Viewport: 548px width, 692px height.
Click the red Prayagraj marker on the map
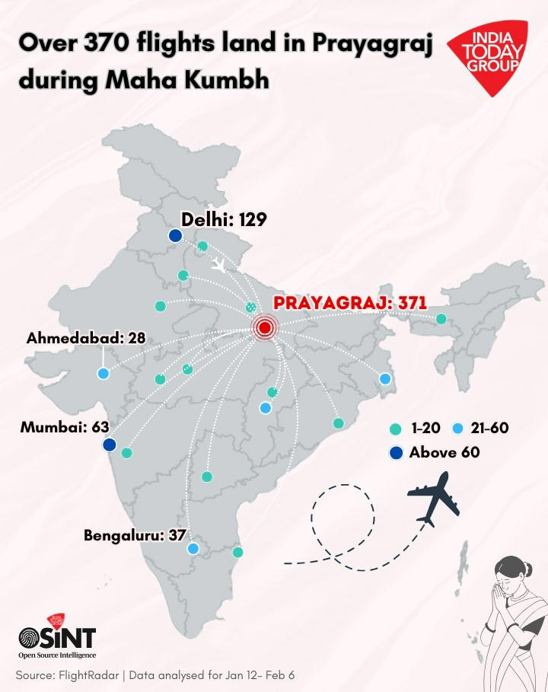pyautogui.click(x=264, y=328)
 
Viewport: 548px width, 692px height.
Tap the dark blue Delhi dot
pyautogui.click(x=175, y=236)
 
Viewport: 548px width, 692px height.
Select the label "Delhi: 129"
pyautogui.click(x=224, y=220)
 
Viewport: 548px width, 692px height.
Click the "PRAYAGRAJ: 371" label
pyautogui.click(x=349, y=303)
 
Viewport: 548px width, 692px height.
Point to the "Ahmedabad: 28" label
pyautogui.click(x=85, y=338)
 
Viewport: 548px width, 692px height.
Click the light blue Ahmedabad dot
pyautogui.click(x=103, y=373)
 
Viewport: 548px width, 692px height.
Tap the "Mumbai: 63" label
pyautogui.click(x=65, y=427)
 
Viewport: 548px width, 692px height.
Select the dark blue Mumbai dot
pyautogui.click(x=110, y=444)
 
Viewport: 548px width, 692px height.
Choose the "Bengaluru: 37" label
pyautogui.click(x=135, y=535)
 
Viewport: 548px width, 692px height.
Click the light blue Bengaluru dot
pyautogui.click(x=193, y=548)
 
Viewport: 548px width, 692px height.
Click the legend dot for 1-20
pyautogui.click(x=394, y=429)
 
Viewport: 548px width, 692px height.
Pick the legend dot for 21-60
pyautogui.click(x=457, y=429)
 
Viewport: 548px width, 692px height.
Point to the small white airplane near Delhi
pyautogui.click(x=218, y=266)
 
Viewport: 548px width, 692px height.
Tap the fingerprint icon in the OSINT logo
pyautogui.click(x=30, y=636)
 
